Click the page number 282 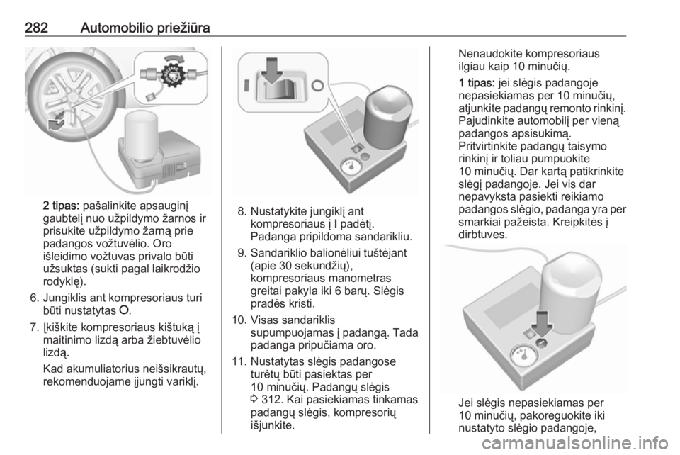tap(36, 28)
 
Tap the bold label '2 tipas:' tap(61, 205)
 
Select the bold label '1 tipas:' tap(477, 82)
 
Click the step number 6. tap(35, 298)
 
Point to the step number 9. tap(242, 252)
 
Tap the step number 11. tap(239, 361)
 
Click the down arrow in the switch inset tap(272, 70)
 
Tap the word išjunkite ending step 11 tap(273, 425)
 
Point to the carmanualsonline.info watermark tap(575, 443)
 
